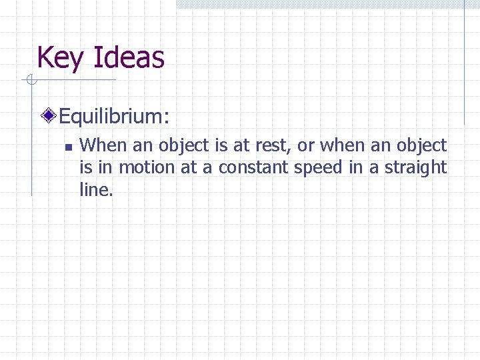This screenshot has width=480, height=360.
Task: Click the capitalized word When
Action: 101,145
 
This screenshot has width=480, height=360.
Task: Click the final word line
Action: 95,190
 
